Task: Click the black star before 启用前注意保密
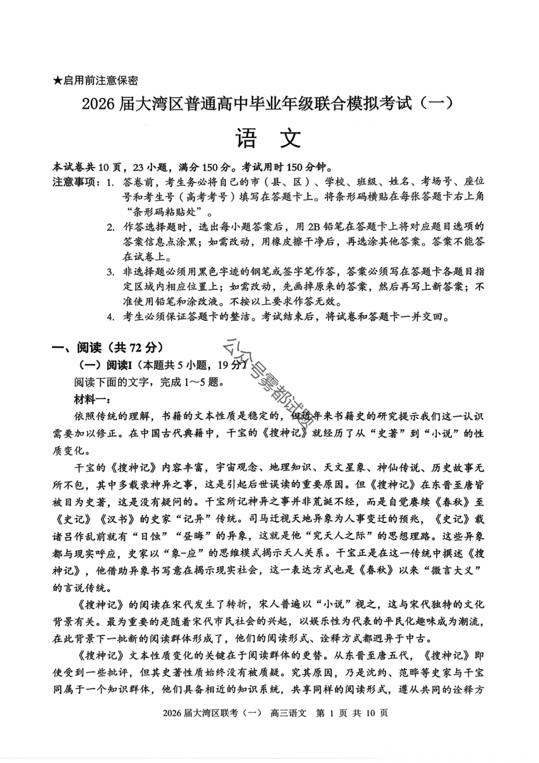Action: coord(57,80)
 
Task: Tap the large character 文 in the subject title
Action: coord(290,136)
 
